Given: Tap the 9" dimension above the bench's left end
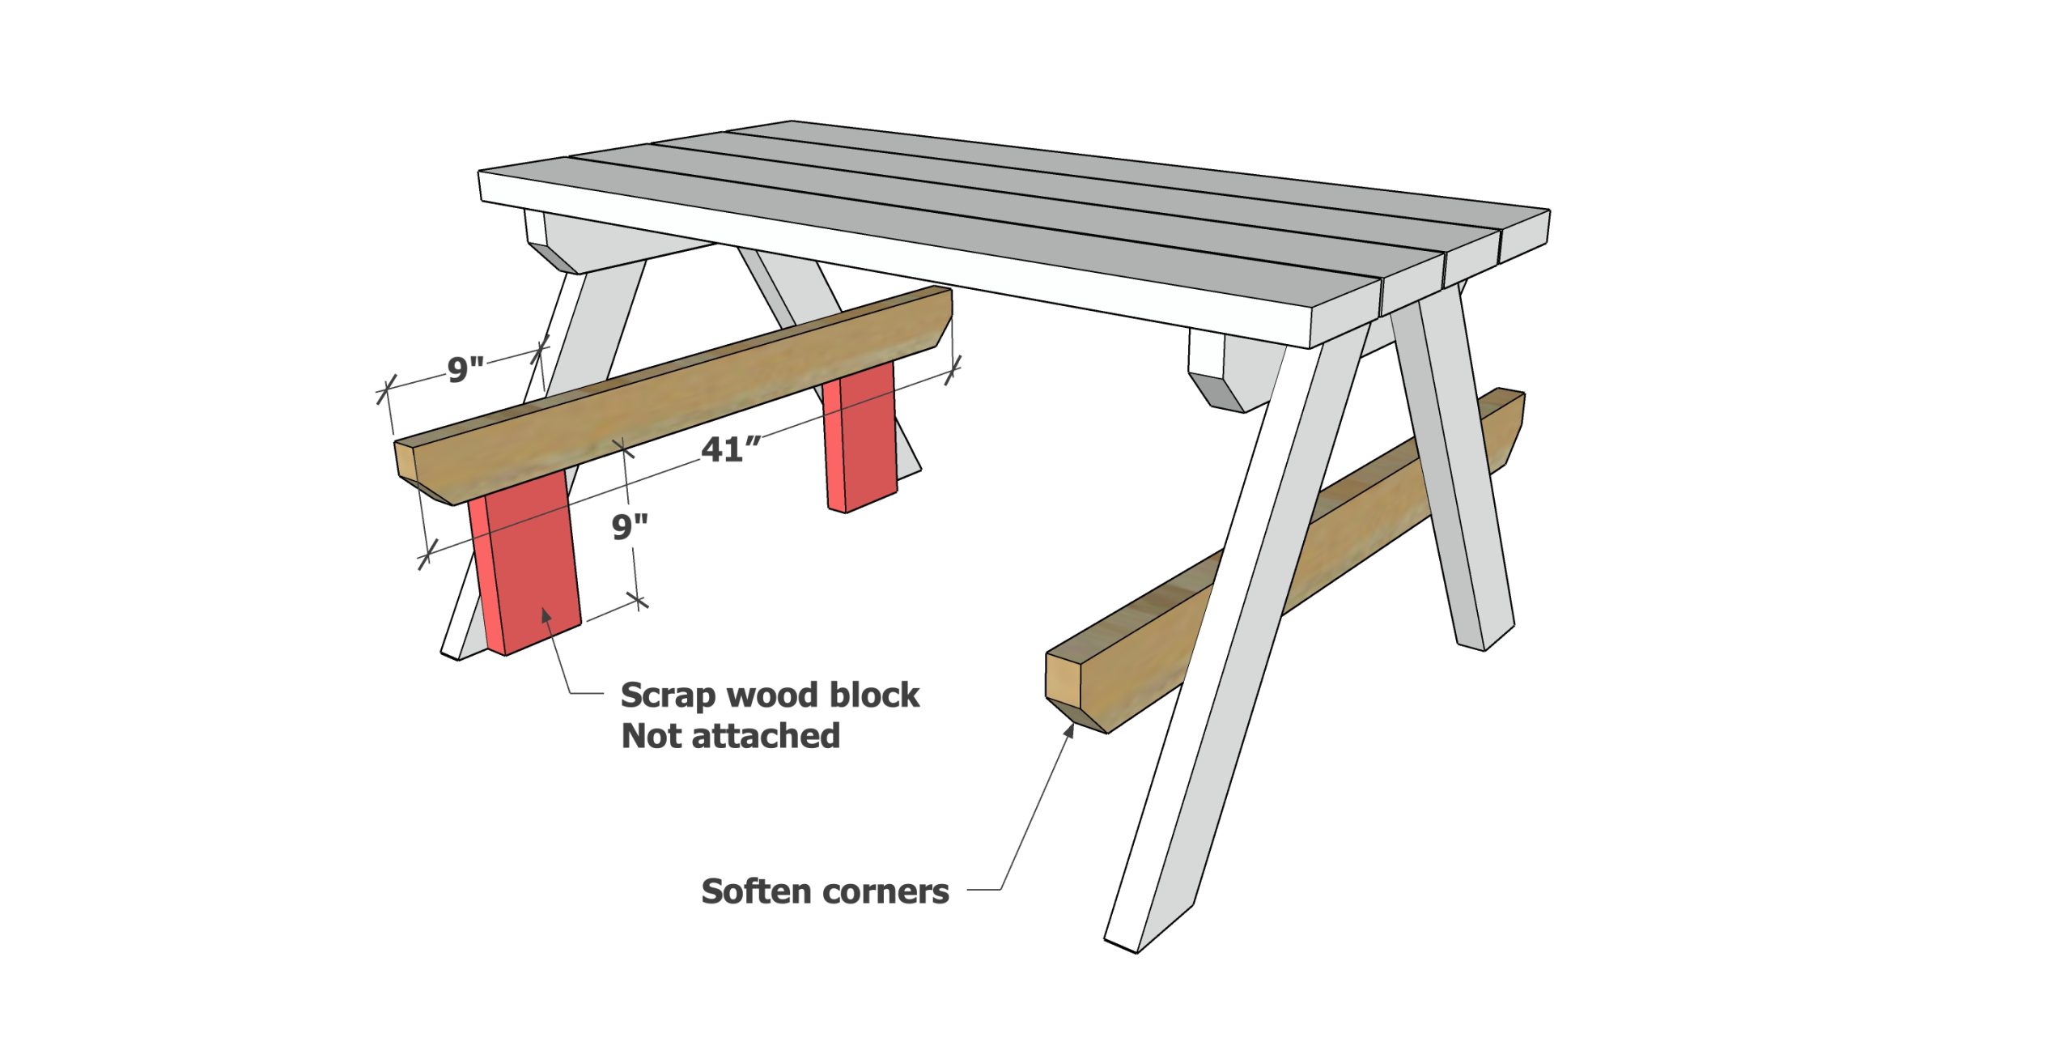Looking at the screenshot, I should point(465,370).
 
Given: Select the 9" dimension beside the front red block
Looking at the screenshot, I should point(629,527).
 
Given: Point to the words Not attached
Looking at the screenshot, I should point(730,736).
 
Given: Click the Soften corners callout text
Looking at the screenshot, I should point(824,891).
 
